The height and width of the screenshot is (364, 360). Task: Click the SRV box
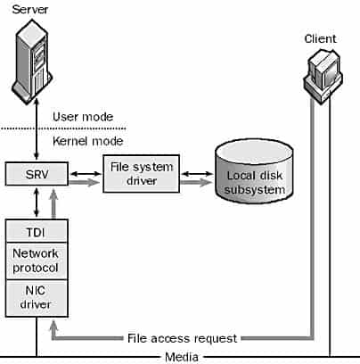coord(37,174)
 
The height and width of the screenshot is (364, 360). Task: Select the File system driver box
coord(142,174)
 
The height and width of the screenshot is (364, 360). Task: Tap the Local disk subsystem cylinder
coord(254,171)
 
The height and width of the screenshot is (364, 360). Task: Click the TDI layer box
coord(37,231)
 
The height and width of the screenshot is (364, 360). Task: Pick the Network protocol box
coord(37,261)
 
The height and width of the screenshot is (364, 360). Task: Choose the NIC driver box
coord(37,298)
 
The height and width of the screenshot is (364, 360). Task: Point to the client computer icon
coord(323,77)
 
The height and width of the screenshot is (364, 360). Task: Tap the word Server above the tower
coord(30,9)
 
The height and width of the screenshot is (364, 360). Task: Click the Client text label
coord(320,38)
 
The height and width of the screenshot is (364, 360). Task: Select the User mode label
coord(83,117)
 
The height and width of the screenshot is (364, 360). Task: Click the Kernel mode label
coord(87,141)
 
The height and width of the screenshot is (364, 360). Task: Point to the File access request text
coord(182,338)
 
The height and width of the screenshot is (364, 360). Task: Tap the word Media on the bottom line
coord(182,357)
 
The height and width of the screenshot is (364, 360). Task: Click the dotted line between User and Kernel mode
coord(63,128)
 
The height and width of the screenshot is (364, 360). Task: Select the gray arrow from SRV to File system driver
coord(85,182)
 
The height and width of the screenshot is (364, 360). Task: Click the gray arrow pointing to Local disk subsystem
coord(197,182)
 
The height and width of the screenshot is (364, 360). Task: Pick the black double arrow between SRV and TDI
coord(37,203)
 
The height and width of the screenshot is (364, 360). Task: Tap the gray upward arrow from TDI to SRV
coord(53,204)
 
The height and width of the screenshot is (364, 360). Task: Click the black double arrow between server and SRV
coord(37,129)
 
